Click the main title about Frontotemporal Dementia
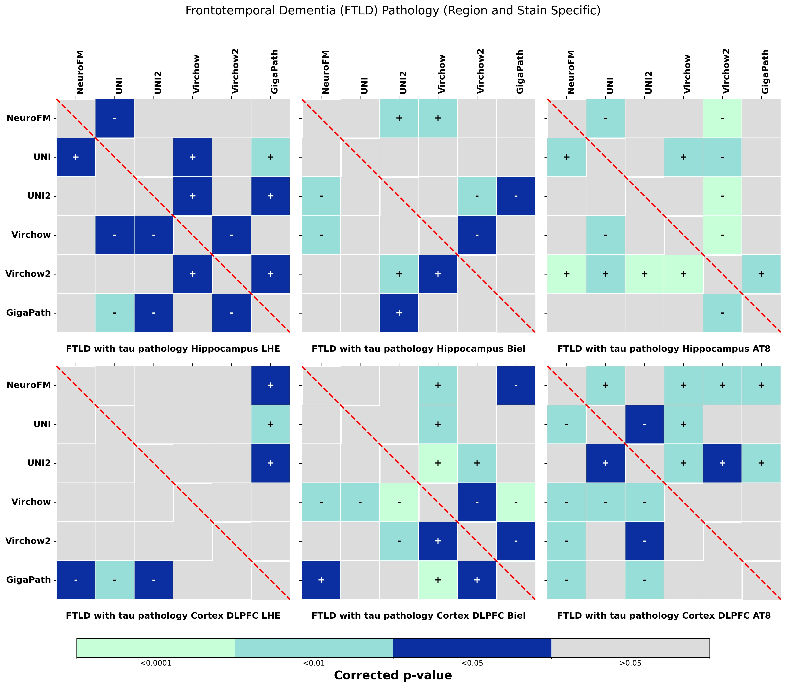[x=393, y=11]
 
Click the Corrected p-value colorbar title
[x=393, y=675]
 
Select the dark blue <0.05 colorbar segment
[x=472, y=648]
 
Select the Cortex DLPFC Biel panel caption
[x=418, y=616]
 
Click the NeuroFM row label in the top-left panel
[x=29, y=118]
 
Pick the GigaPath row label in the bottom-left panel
[x=29, y=580]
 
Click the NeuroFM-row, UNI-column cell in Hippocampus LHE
[x=115, y=118]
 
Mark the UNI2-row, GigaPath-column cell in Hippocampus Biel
[x=516, y=196]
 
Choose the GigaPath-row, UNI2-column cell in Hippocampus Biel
[x=399, y=313]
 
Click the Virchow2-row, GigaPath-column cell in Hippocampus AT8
[x=761, y=274]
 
